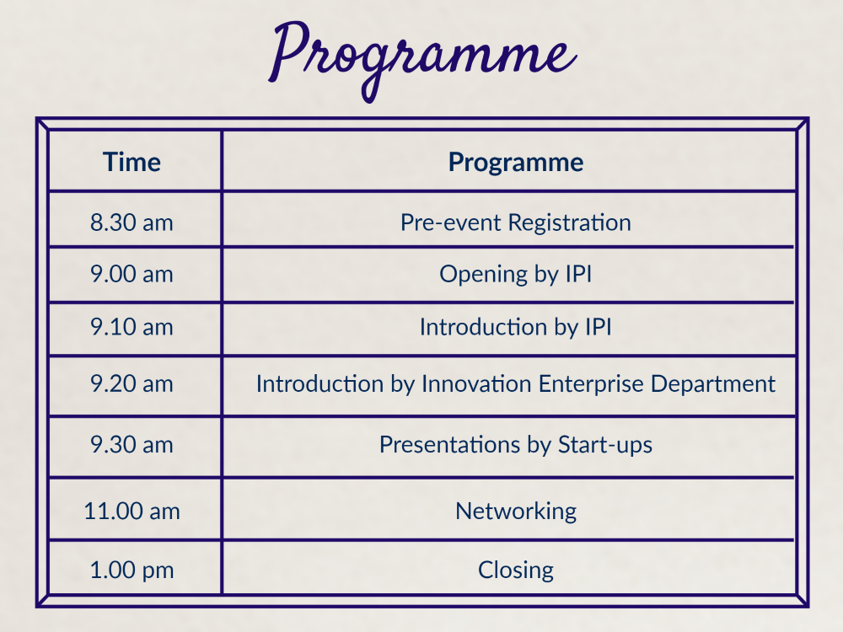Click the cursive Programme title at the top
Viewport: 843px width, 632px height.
[422, 60]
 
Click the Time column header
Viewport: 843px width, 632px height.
[132, 162]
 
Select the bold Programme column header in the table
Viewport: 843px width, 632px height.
[516, 163]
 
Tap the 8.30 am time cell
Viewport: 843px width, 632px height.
[132, 222]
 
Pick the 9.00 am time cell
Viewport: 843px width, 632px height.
[132, 274]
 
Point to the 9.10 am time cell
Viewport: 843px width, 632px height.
[132, 327]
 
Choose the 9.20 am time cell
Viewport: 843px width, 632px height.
[132, 383]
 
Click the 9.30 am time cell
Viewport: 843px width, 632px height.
[132, 445]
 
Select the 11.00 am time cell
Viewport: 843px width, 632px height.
[132, 511]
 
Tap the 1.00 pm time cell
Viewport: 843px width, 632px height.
[132, 570]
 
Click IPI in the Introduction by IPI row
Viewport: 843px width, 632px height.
[599, 327]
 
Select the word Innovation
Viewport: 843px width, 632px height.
[477, 383]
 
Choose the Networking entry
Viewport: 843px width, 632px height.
[516, 511]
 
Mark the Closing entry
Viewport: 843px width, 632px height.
[516, 570]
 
